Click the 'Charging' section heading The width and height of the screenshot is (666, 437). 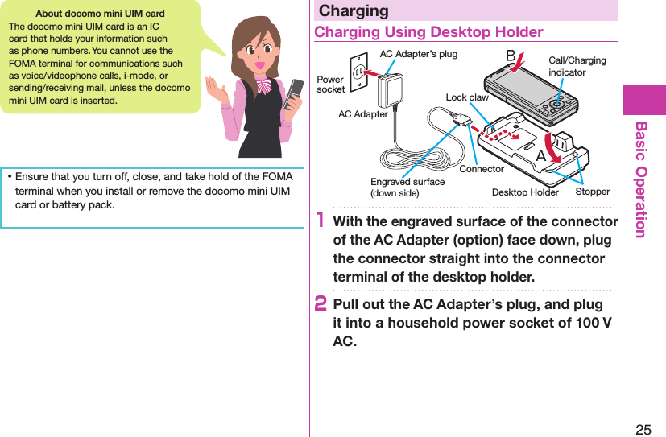click(x=354, y=10)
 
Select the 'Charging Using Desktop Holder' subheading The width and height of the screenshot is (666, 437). click(x=428, y=32)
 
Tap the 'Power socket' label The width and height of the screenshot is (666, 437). click(x=330, y=85)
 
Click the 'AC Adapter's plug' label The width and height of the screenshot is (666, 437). click(x=418, y=54)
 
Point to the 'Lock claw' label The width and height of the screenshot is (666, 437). click(x=467, y=97)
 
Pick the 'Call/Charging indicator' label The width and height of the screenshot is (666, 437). click(x=577, y=66)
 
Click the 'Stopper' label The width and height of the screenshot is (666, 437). click(x=593, y=192)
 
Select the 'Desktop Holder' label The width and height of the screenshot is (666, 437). click(x=525, y=192)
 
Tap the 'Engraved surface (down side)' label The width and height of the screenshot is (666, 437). click(x=407, y=188)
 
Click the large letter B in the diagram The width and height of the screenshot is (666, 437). click(x=510, y=56)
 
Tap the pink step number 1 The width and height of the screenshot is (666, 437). click(x=320, y=221)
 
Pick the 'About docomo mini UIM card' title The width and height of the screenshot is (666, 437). click(x=101, y=14)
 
